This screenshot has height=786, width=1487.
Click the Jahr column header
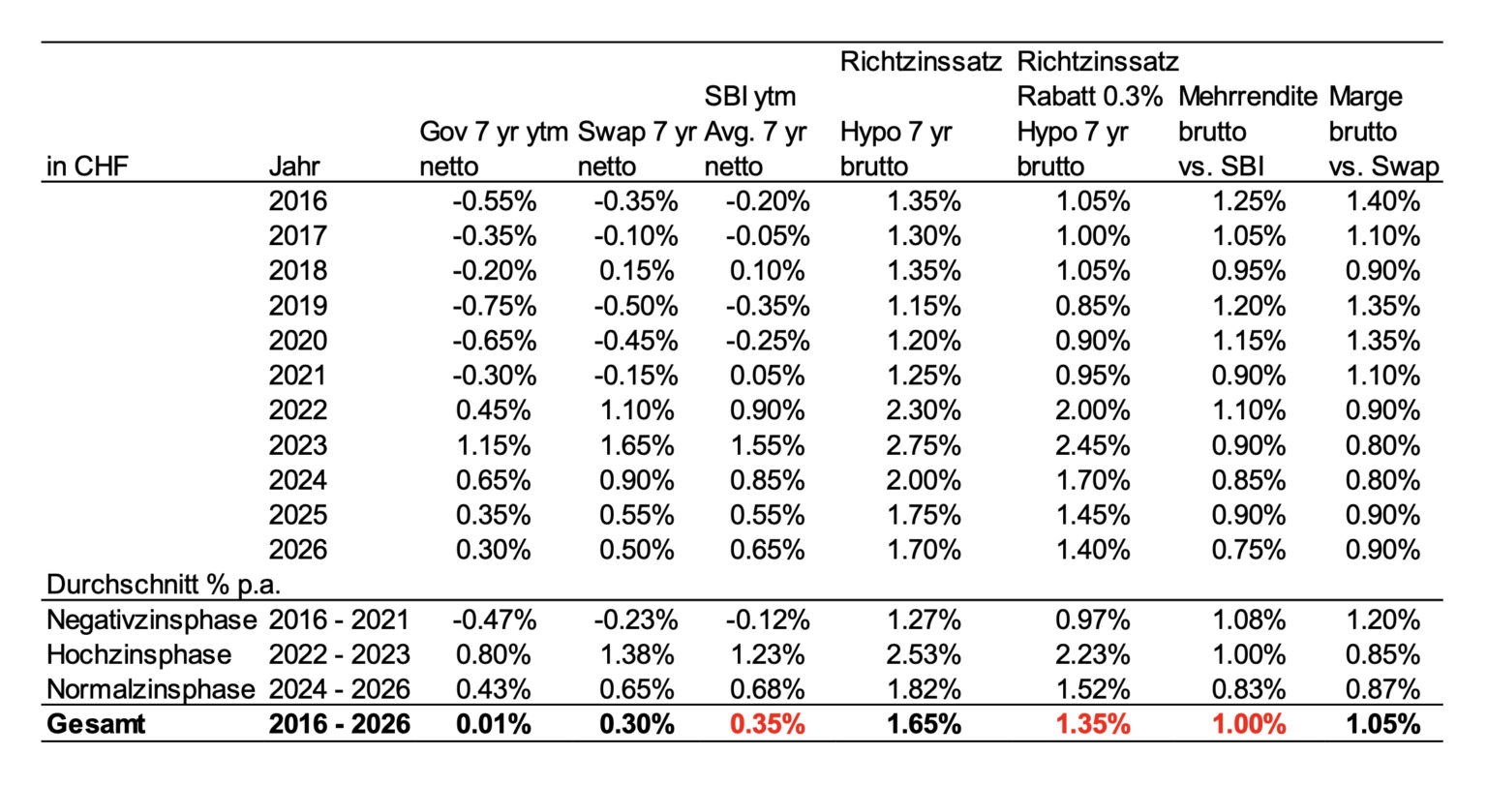point(294,166)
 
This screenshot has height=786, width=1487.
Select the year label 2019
point(298,306)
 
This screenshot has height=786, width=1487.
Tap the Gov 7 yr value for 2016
point(495,201)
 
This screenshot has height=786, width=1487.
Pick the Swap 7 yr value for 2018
point(637,271)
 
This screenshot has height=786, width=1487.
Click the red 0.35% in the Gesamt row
point(768,724)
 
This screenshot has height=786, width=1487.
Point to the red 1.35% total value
point(1093,724)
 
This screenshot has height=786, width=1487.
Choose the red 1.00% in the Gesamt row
point(1250,724)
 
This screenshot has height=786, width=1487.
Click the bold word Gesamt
point(96,724)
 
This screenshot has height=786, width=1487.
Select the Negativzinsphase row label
point(151,620)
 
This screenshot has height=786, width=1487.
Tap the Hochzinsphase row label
point(138,654)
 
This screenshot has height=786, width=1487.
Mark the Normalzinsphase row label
point(151,689)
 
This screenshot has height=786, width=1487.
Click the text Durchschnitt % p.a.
point(164,585)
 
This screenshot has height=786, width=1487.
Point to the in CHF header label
point(87,166)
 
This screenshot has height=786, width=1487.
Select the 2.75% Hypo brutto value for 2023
point(924,445)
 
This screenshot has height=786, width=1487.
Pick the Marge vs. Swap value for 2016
point(1382,201)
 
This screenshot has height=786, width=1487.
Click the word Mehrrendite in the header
point(1247,97)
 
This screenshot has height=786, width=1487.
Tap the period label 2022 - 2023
point(339,654)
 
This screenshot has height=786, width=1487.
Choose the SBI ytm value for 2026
point(768,550)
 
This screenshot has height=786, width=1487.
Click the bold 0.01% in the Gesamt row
point(493,724)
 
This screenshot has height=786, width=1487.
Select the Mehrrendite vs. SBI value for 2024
point(1250,480)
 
